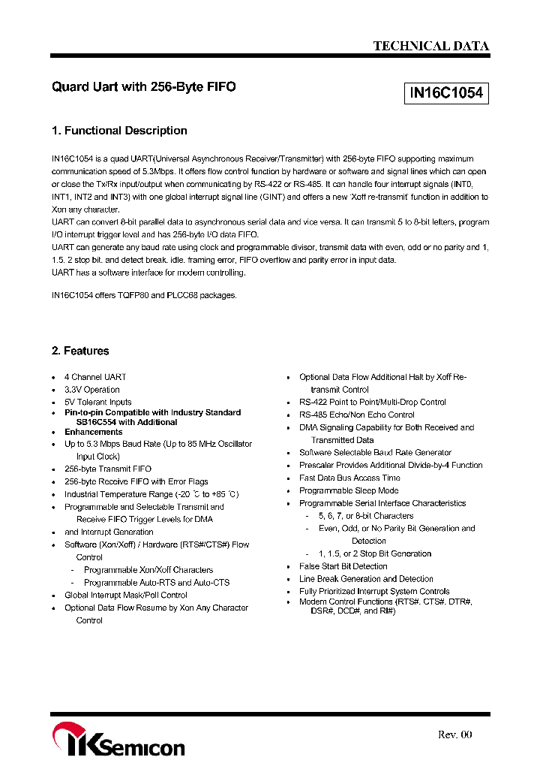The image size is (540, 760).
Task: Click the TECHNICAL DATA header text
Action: coord(431,46)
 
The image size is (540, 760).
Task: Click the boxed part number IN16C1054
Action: coord(446,94)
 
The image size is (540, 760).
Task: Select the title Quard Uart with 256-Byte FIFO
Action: coord(143,87)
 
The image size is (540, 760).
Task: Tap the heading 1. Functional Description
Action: coord(119,131)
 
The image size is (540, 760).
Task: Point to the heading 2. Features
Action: coord(80,351)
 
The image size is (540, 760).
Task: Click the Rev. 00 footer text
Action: coord(454,734)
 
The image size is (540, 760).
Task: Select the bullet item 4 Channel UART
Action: coord(95,377)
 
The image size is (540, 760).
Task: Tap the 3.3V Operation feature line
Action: coord(92,390)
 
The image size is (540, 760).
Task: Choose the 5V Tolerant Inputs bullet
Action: coord(98,403)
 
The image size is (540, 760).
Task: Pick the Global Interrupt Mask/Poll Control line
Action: coord(126,595)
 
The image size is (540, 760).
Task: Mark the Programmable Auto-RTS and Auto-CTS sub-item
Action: coord(157,582)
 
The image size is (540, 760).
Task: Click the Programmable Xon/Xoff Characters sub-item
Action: coord(148,570)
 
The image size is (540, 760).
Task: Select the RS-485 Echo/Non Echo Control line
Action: coord(357,415)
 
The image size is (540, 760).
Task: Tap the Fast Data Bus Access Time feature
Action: coord(349,478)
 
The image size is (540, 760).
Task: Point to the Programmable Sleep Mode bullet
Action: coord(349,490)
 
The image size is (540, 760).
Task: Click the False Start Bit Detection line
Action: coord(343,566)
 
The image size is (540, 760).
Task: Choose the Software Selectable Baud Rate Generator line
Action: coord(375,453)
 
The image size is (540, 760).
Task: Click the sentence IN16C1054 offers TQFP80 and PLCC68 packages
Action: coord(144,295)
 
